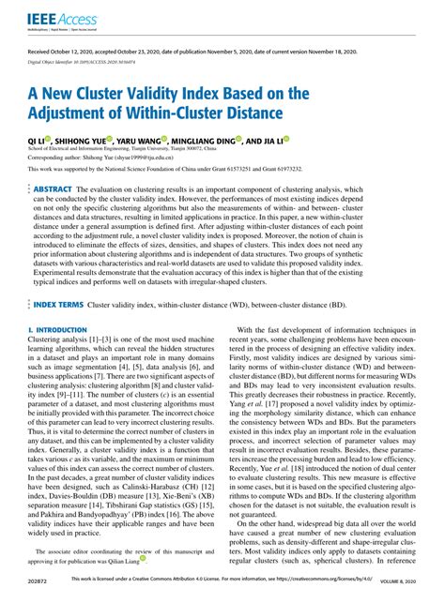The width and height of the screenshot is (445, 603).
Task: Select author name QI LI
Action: [x=39, y=139]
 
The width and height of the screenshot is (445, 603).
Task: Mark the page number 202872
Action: [x=40, y=593]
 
